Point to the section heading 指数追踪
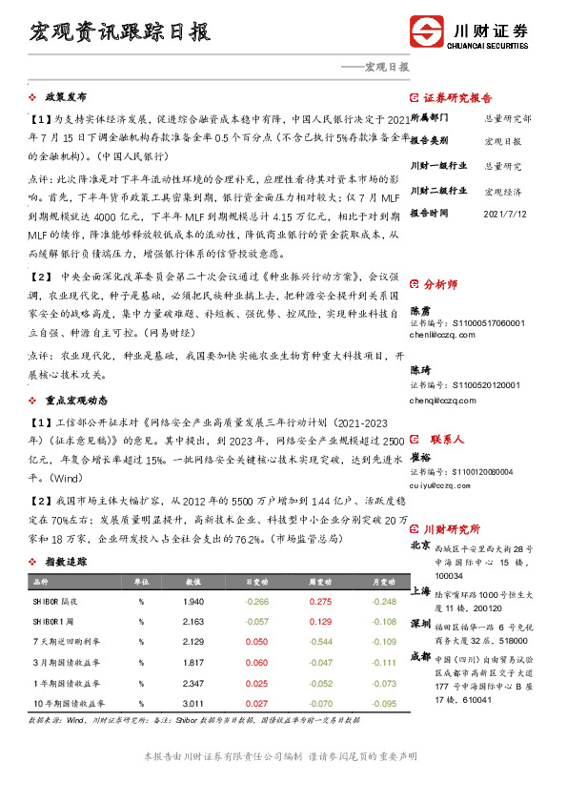click(66, 564)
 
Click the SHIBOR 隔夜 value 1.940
click(193, 602)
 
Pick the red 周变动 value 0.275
click(320, 602)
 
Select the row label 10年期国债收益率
click(67, 703)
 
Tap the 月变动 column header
click(383, 581)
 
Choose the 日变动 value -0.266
click(257, 602)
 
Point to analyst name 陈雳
click(421, 311)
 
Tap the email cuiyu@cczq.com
click(442, 485)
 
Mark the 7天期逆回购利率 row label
click(66, 642)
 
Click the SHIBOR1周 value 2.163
click(193, 622)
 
